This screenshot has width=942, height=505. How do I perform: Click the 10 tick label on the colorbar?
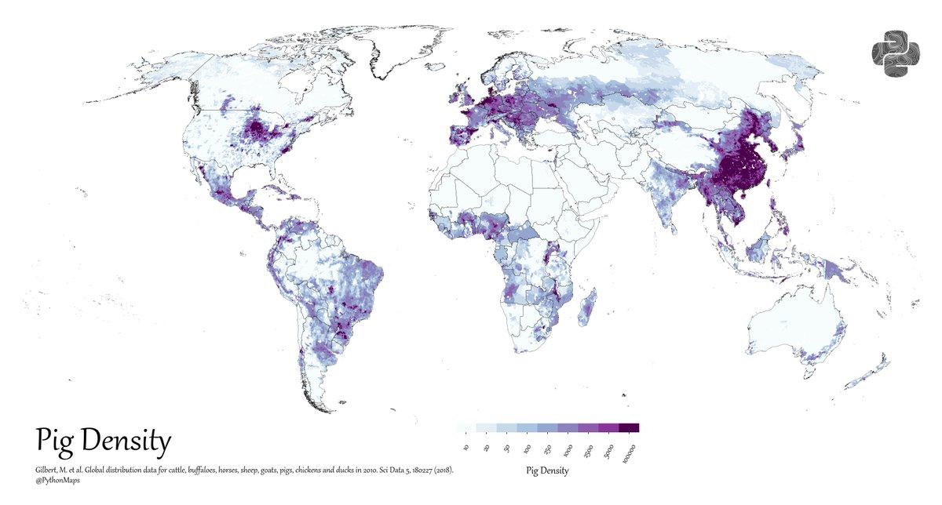click(x=466, y=448)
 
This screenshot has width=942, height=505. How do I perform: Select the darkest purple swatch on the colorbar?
click(x=630, y=428)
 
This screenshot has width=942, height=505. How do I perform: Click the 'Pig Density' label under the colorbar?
click(x=547, y=471)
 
